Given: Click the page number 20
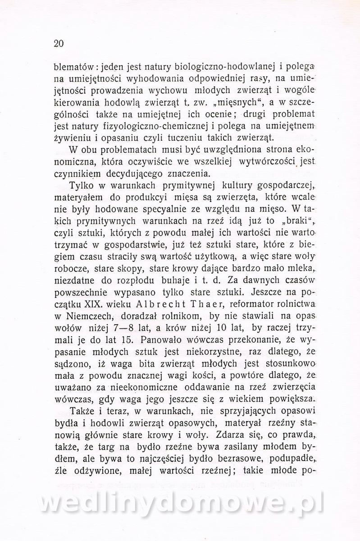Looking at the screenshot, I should [x=59, y=44].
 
